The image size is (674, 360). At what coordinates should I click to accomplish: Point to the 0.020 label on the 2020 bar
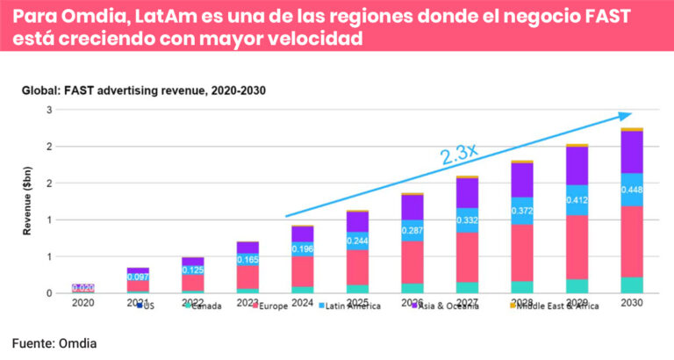pyautogui.click(x=83, y=288)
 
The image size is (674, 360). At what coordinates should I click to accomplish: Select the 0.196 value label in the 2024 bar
pyautogui.click(x=302, y=248)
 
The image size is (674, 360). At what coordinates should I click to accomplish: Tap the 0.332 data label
pyautogui.click(x=467, y=220)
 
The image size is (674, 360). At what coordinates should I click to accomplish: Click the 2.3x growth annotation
pyautogui.click(x=459, y=154)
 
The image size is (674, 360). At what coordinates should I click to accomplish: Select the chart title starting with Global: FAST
pyautogui.click(x=143, y=90)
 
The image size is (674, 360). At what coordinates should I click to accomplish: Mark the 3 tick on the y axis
pyautogui.click(x=50, y=110)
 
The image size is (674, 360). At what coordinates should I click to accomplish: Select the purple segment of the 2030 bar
pyautogui.click(x=632, y=151)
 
